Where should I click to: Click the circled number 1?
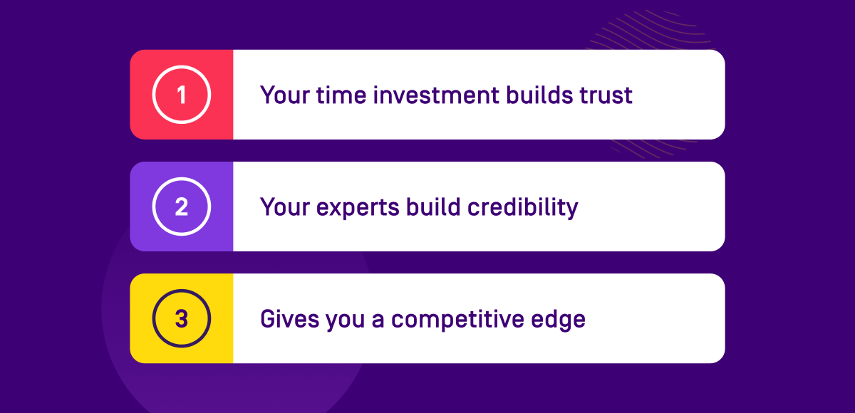tap(182, 95)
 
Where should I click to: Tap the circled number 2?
tap(182, 206)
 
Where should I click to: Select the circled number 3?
tap(182, 318)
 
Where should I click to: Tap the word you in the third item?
tap(345, 320)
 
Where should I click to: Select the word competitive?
tap(459, 320)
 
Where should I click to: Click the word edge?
tap(560, 320)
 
